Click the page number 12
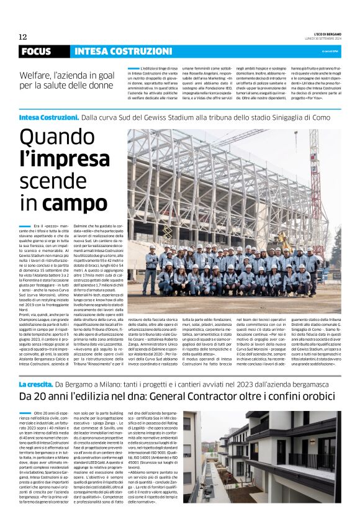(23, 37)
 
